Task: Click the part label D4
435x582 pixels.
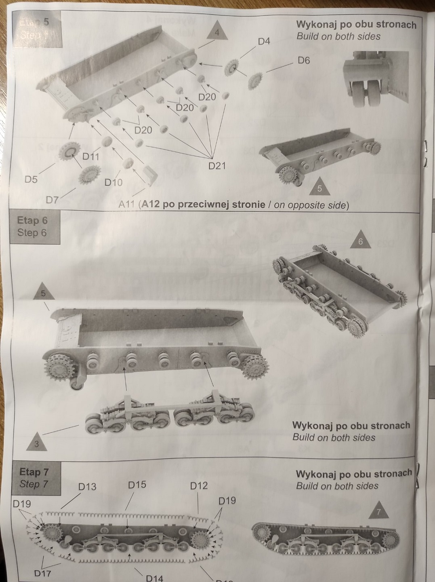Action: tap(264, 42)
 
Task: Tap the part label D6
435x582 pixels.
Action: tap(304, 61)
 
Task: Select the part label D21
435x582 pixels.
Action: tap(217, 166)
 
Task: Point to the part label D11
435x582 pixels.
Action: tap(91, 156)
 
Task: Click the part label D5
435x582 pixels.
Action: tap(31, 179)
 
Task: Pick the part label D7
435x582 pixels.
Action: tap(52, 199)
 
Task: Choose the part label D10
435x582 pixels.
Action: tap(113, 182)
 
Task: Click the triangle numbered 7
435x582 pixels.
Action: tap(378, 512)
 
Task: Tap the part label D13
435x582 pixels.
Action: tap(87, 487)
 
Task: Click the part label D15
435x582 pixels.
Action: tap(137, 485)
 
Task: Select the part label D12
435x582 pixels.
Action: tap(199, 486)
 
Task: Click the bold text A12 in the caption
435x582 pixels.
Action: tap(149, 205)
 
